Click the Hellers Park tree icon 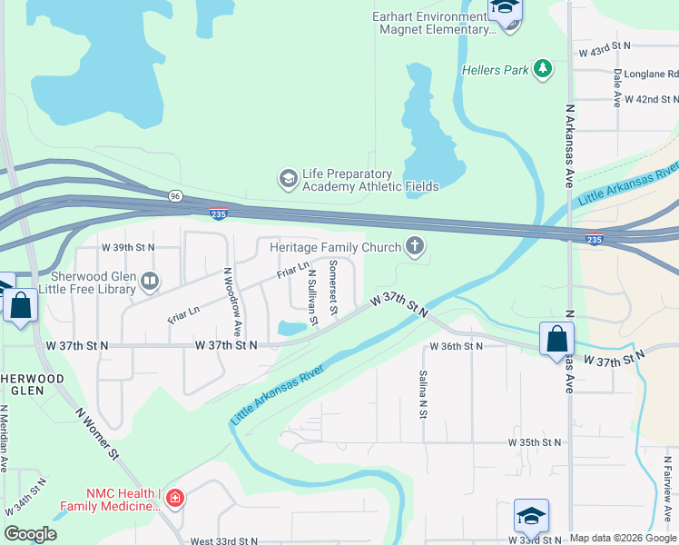pos(543,69)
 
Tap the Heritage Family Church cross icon pos(415,247)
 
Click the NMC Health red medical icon pos(174,498)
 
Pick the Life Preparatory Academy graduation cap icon pos(288,178)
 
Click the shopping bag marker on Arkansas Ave pos(556,340)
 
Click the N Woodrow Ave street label pos(231,302)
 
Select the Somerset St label pos(333,288)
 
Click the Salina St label pos(423,393)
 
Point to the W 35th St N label pos(534,442)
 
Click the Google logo pos(31,534)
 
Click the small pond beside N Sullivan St pos(291,327)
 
